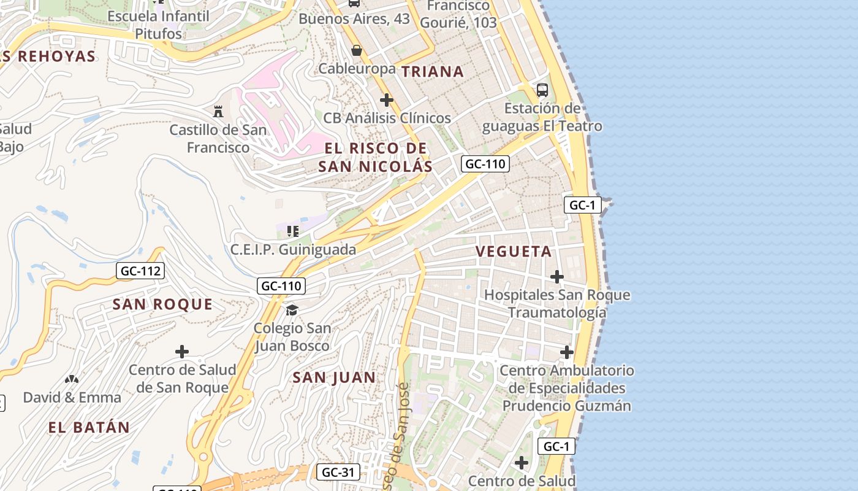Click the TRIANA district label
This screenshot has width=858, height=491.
click(433, 72)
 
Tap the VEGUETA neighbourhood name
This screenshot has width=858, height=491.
click(514, 252)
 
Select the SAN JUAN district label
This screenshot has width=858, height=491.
click(334, 377)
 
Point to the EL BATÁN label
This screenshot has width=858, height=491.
click(89, 428)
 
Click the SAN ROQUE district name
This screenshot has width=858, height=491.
click(162, 304)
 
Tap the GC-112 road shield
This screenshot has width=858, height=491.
click(140, 271)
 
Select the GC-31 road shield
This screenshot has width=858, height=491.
click(338, 472)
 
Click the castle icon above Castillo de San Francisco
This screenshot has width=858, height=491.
click(218, 111)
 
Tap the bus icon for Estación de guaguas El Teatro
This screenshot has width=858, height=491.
click(542, 90)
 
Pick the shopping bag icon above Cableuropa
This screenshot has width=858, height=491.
click(356, 50)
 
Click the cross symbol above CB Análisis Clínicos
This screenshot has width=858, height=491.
click(386, 99)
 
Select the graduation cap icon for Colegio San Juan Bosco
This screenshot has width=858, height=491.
click(292, 310)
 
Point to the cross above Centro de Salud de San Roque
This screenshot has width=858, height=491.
click(181, 352)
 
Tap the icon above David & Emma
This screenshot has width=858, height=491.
click(72, 380)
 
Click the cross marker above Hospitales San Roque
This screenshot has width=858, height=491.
click(556, 277)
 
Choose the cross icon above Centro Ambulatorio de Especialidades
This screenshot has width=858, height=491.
click(566, 352)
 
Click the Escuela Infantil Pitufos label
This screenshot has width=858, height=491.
click(158, 25)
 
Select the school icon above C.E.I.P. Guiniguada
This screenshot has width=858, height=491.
click(292, 231)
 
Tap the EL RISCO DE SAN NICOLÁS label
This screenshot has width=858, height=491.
click(375, 157)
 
